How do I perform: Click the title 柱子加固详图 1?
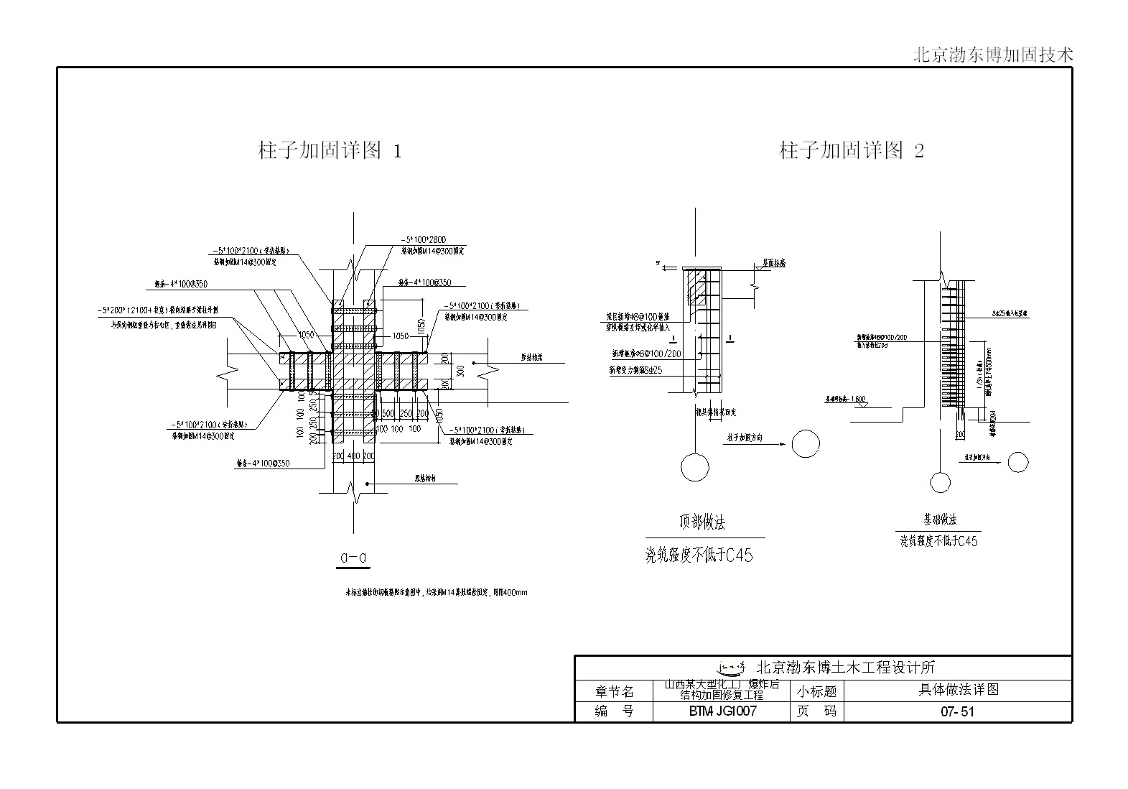click(x=330, y=151)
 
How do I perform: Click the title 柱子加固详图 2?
click(x=852, y=151)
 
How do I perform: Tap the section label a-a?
click(x=354, y=557)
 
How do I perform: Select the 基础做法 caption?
click(x=939, y=520)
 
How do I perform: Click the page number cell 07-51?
click(x=957, y=712)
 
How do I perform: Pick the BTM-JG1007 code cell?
click(x=722, y=712)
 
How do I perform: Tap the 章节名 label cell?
click(x=615, y=691)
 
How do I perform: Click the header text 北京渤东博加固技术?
click(x=993, y=55)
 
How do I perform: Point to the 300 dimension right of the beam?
click(x=460, y=371)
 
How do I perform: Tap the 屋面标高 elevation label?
click(x=772, y=264)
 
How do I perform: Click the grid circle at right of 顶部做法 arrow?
click(x=806, y=443)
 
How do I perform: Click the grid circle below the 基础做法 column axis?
click(x=939, y=482)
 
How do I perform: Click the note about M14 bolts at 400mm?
click(x=437, y=593)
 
